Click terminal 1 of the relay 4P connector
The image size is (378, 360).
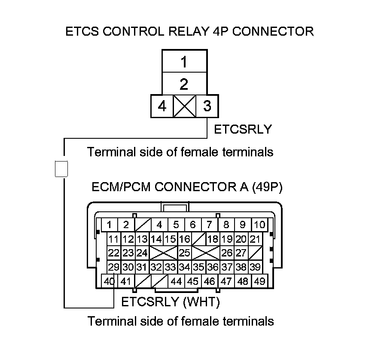pos(184,62)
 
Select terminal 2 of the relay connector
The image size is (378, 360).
pos(184,84)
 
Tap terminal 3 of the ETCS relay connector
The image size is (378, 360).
pos(207,106)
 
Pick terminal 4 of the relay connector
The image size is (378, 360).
pos(162,106)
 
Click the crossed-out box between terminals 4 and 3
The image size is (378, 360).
pos(184,106)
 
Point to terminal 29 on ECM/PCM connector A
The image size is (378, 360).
pos(113,267)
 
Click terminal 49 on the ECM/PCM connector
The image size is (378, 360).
pos(259,281)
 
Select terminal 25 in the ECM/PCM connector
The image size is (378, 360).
pos(184,253)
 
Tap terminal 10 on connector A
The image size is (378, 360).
pos(259,224)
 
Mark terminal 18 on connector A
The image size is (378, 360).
pos(213,239)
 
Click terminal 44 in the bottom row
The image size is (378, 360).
pos(176,281)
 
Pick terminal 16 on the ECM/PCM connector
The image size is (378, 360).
pos(184,239)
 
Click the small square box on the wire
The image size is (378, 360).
pos(62,168)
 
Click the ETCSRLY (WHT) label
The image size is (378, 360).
pos(171,302)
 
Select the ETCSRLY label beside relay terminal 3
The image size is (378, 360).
pos(243,129)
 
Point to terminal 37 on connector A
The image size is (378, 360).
pos(227,267)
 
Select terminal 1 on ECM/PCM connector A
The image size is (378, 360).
pos(110,224)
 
